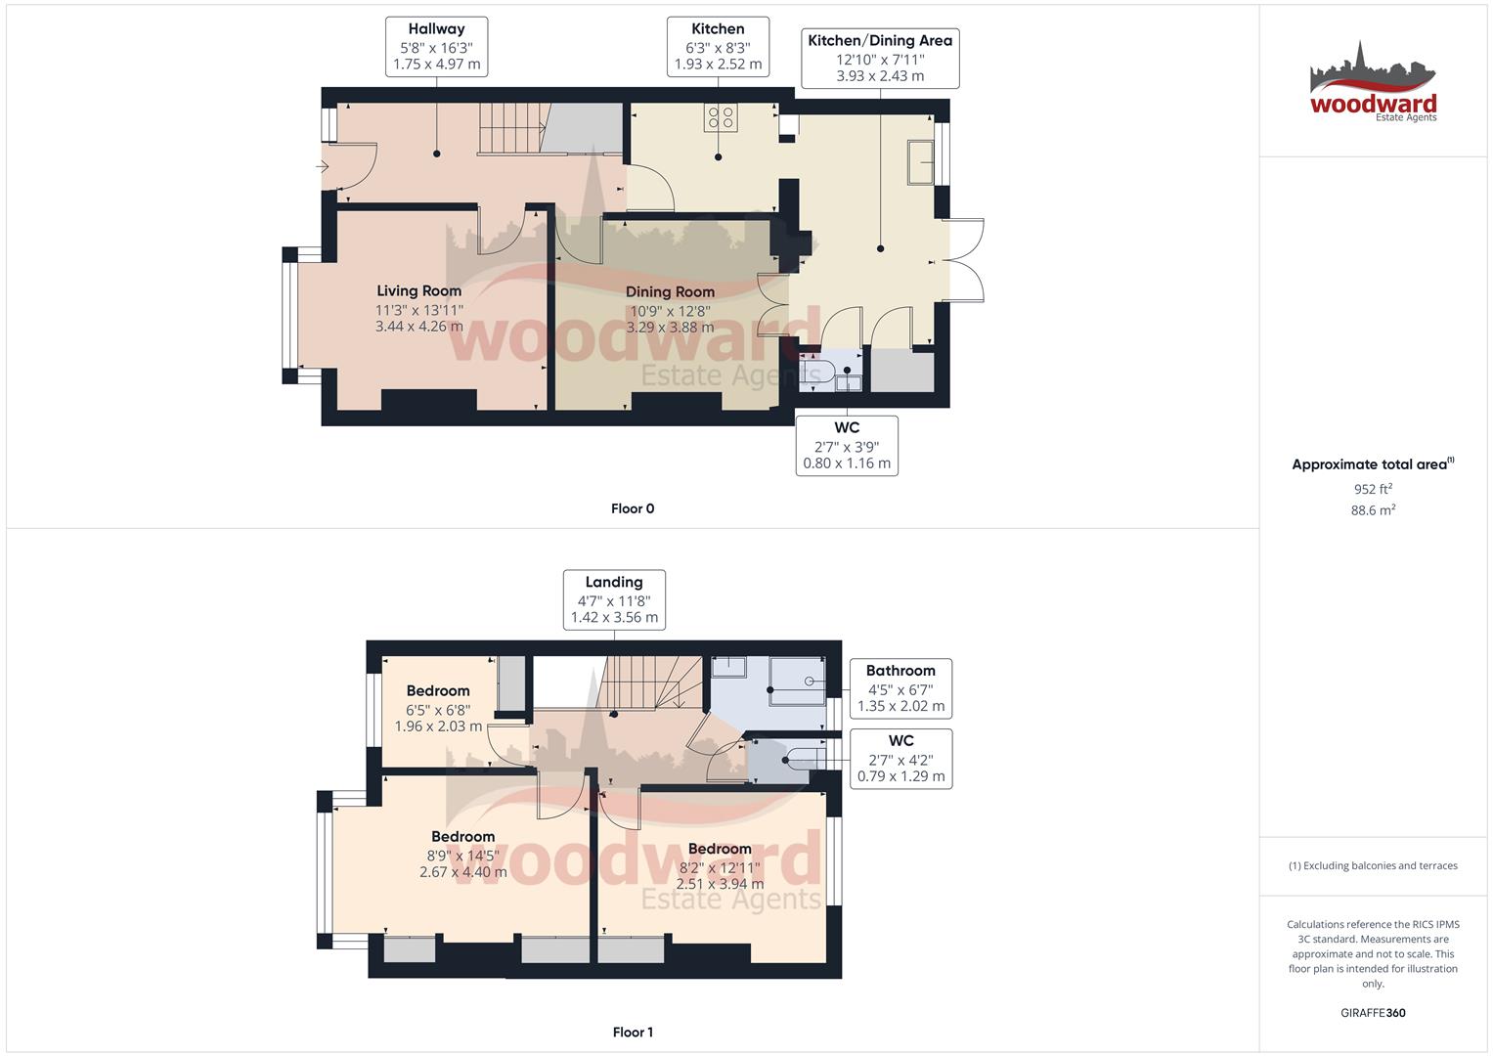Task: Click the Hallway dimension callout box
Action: point(436,47)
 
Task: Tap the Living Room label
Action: point(418,291)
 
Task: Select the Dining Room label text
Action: point(670,292)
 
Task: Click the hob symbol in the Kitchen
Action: point(722,118)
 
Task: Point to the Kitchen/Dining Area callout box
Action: point(880,58)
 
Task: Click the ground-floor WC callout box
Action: point(847,445)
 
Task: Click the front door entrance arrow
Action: point(323,167)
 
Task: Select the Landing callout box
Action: point(614,599)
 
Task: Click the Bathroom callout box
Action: point(900,687)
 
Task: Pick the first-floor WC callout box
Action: point(900,758)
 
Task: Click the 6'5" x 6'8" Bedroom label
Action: point(438,691)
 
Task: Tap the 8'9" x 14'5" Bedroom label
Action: point(462,837)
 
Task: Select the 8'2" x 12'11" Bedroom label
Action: point(720,850)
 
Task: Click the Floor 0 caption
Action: point(633,508)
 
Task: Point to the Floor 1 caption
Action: point(633,1033)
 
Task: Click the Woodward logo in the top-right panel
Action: point(1373,83)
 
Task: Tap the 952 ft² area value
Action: point(1373,489)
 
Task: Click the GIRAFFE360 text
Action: point(1373,1013)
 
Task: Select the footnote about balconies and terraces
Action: point(1373,865)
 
